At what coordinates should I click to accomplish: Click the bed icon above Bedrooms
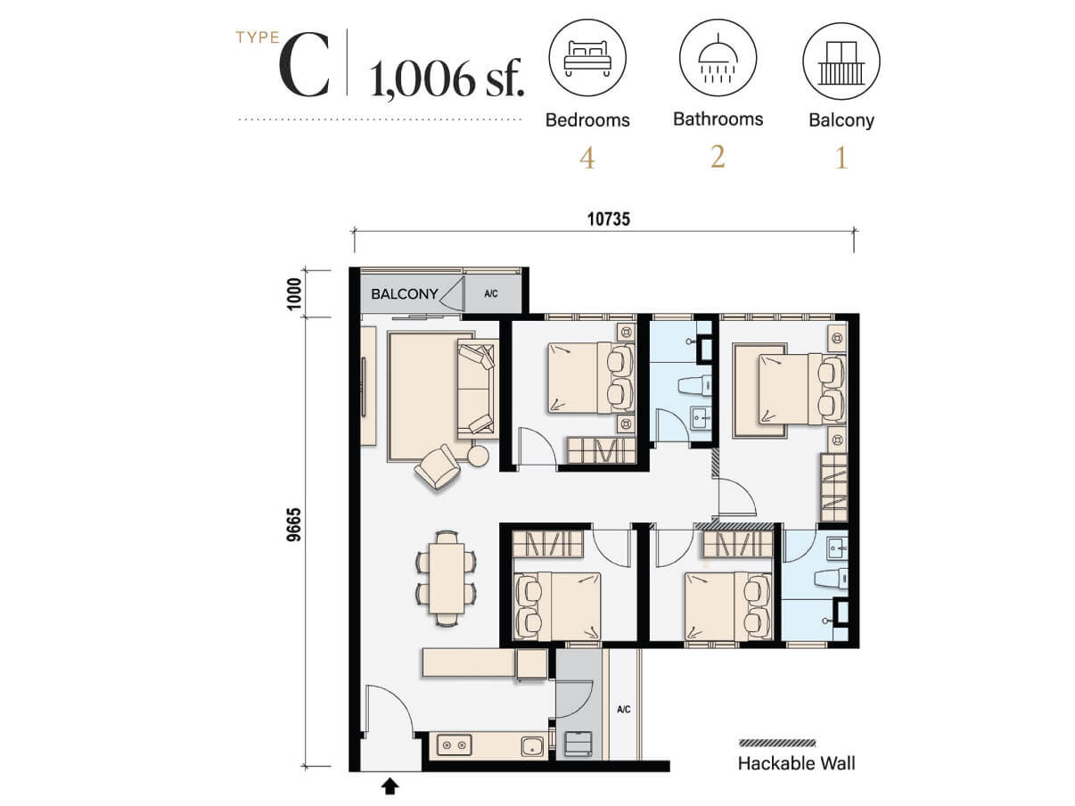587,60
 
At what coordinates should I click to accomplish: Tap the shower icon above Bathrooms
718,60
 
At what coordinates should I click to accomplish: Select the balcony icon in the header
841,60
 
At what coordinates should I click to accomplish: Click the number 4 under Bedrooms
587,159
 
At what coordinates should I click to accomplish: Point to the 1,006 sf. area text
447,78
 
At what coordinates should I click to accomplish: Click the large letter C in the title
304,69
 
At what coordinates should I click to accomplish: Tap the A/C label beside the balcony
491,293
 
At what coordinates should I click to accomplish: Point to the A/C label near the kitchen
624,710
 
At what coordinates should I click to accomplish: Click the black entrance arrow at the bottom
390,786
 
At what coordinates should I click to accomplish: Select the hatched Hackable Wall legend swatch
777,743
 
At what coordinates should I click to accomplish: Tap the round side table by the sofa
479,456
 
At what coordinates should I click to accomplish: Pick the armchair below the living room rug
437,466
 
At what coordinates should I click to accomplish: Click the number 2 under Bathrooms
718,157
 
